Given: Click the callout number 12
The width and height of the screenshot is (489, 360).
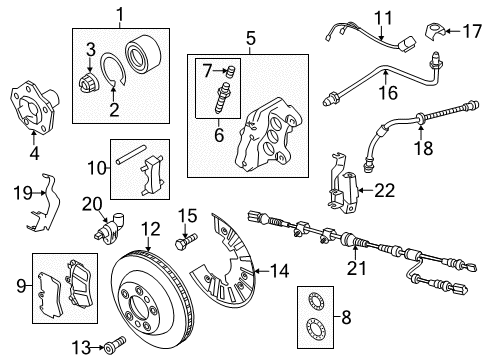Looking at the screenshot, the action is (151, 229).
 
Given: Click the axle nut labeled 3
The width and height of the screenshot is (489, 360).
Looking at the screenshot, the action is (89, 82).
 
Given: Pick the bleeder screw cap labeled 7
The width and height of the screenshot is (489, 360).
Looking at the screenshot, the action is (230, 72).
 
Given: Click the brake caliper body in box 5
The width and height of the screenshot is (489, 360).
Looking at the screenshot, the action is (269, 135).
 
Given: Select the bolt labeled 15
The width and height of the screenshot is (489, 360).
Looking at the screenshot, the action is (186, 242).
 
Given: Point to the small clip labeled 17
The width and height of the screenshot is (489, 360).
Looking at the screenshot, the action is (435, 32).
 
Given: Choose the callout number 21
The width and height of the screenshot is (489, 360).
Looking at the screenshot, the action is (356, 268).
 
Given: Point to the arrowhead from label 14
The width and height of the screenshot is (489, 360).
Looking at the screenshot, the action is (255, 271).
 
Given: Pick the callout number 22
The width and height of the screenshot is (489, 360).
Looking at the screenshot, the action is (385, 191).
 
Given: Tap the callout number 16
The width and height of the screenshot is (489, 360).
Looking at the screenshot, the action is (388, 92).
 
